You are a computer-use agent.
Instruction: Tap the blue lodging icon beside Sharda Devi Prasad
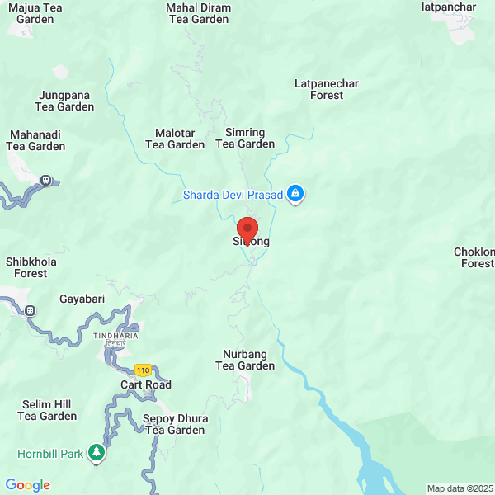click(296, 195)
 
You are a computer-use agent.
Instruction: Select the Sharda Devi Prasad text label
click(232, 196)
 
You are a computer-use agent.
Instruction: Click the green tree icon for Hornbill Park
click(97, 452)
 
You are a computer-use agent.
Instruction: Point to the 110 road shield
click(144, 370)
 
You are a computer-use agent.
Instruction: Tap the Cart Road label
click(146, 384)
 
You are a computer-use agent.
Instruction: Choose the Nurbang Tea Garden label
click(245, 360)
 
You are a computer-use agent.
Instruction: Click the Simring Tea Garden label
click(245, 138)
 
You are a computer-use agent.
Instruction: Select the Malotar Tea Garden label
click(175, 138)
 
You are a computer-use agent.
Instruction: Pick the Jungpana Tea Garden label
click(64, 101)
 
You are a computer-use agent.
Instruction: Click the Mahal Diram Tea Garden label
click(199, 13)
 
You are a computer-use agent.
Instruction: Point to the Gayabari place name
click(82, 299)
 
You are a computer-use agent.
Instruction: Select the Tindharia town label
click(115, 336)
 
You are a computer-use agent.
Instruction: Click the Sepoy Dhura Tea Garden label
click(175, 424)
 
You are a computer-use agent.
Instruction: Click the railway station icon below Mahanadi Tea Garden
click(46, 179)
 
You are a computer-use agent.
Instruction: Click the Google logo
click(28, 485)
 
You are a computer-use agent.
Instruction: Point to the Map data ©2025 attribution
click(460, 488)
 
